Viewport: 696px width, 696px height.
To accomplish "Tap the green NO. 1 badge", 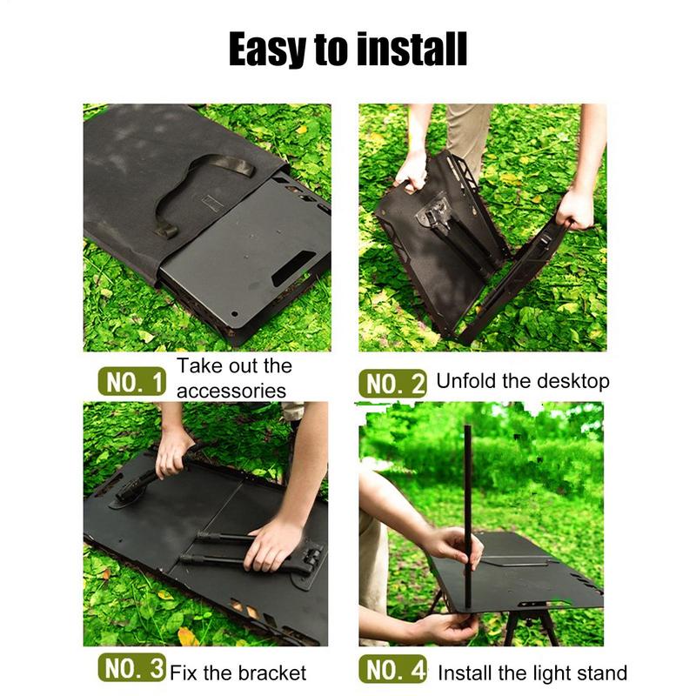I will tap(130, 381).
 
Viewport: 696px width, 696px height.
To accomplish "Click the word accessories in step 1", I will tap(231, 391).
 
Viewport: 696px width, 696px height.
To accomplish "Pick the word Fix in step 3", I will tap(183, 673).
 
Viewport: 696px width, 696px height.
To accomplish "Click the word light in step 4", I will tap(546, 673).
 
